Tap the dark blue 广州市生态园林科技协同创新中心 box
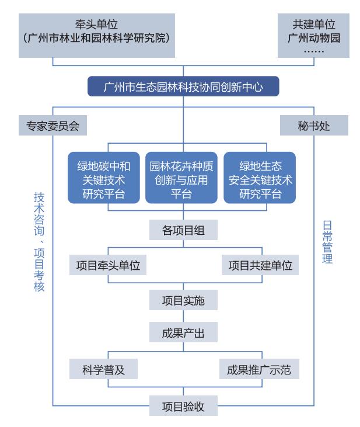183,88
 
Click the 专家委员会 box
53,126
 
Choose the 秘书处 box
313,126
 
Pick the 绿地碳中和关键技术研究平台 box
104,178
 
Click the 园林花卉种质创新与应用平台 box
183,178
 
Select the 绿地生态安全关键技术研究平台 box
260,178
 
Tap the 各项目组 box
183,230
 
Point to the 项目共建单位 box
260,265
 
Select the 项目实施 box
183,300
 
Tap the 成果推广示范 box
260,370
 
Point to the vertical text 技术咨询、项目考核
39,242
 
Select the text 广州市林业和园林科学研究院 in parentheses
97,39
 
